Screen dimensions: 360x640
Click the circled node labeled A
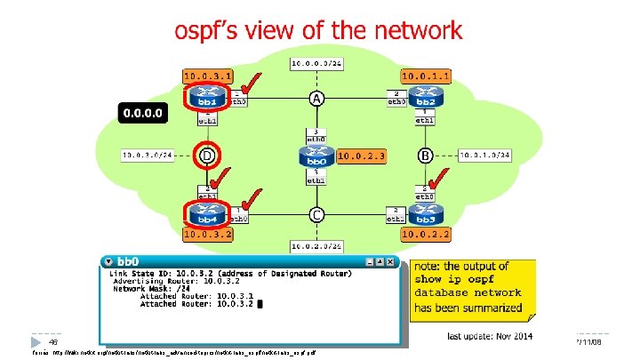click(316, 98)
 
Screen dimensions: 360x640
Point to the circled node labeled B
click(425, 156)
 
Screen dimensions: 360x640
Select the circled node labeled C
click(316, 214)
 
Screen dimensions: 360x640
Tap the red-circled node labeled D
click(207, 156)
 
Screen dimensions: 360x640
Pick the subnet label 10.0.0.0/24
click(316, 64)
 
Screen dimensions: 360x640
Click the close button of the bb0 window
click(391, 261)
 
